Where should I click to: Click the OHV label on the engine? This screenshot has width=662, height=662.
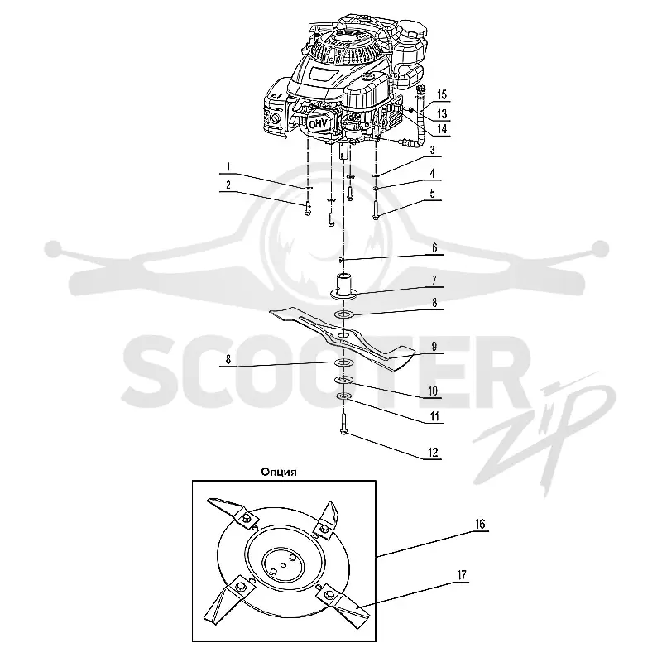pyautogui.click(x=319, y=124)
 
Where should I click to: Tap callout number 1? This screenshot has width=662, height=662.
pyautogui.click(x=228, y=167)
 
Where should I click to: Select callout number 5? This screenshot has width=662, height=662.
pyautogui.click(x=432, y=194)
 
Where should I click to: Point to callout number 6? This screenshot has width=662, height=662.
pyautogui.click(x=434, y=247)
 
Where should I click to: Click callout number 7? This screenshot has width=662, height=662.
pyautogui.click(x=434, y=280)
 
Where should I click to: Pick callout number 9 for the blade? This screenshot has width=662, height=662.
pyautogui.click(x=434, y=347)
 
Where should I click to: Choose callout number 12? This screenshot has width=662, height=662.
pyautogui.click(x=433, y=453)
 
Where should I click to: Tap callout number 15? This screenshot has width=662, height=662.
pyautogui.click(x=442, y=94)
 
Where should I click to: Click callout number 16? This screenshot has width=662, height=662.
pyautogui.click(x=480, y=524)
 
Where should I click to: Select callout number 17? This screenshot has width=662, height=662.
pyautogui.click(x=462, y=574)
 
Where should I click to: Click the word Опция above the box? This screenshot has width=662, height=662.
pyautogui.click(x=279, y=472)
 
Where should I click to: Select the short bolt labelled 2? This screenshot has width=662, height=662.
pyautogui.click(x=308, y=209)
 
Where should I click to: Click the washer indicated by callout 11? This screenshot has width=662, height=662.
pyautogui.click(x=344, y=396)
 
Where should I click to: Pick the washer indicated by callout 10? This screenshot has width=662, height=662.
pyautogui.click(x=343, y=381)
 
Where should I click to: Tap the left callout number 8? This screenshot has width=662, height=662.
pyautogui.click(x=228, y=359)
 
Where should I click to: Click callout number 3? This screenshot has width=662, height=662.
pyautogui.click(x=432, y=151)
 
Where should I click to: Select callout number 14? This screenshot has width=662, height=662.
pyautogui.click(x=442, y=128)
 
